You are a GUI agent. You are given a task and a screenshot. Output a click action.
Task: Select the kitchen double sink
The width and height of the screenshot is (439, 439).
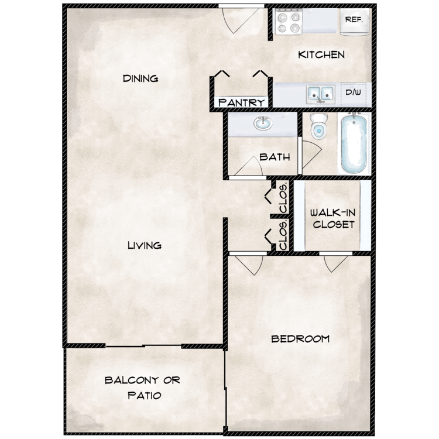tap(320, 93)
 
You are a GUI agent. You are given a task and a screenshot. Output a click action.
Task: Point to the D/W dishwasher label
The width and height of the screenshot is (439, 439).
tap(353, 92)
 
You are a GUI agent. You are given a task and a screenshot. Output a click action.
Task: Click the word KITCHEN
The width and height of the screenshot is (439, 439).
tap(321, 55)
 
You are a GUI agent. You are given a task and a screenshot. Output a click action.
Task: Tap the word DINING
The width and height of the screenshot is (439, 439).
tap(140, 78)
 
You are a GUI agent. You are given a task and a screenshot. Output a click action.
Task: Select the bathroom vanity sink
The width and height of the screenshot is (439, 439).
tap(263, 124)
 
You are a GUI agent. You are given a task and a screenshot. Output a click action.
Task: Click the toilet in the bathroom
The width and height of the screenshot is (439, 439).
tap(318, 127)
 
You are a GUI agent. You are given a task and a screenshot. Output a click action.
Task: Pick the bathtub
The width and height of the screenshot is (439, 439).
tap(353, 143)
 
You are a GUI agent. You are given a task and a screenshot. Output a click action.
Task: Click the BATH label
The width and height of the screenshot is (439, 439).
tap(272, 157)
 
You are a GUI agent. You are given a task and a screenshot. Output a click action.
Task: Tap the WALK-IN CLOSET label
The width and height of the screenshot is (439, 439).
tap(332, 218)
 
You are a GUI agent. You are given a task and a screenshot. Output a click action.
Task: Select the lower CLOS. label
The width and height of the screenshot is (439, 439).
tap(283, 235)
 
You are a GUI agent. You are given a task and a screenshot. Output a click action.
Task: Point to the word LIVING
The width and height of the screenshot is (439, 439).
tap(144, 245)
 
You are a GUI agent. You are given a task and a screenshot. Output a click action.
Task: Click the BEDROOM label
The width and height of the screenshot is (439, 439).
tap(300, 338)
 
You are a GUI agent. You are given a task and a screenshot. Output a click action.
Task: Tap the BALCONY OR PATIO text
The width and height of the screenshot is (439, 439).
tap(143, 387)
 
